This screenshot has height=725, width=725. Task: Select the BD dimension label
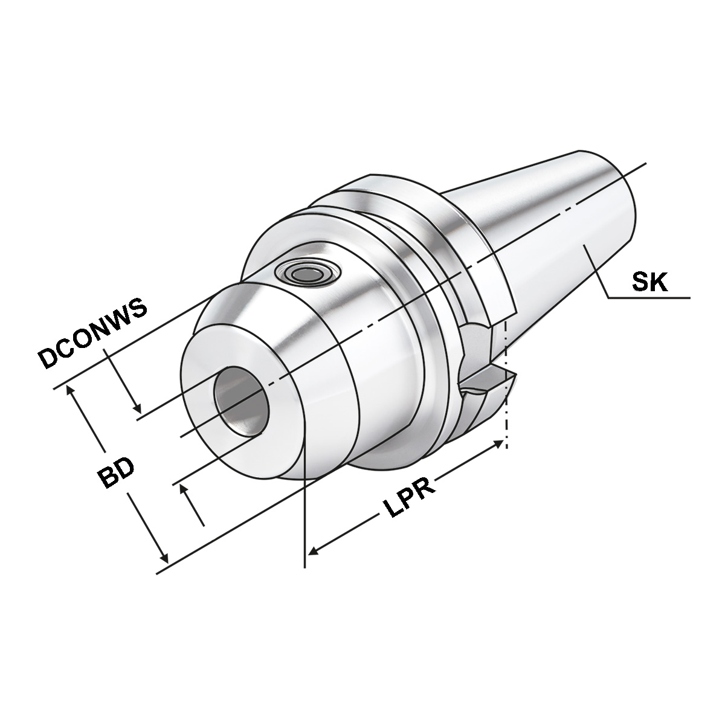(117, 471)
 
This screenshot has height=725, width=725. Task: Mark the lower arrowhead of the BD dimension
(162, 555)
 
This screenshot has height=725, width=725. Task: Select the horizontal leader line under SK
(649, 298)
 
